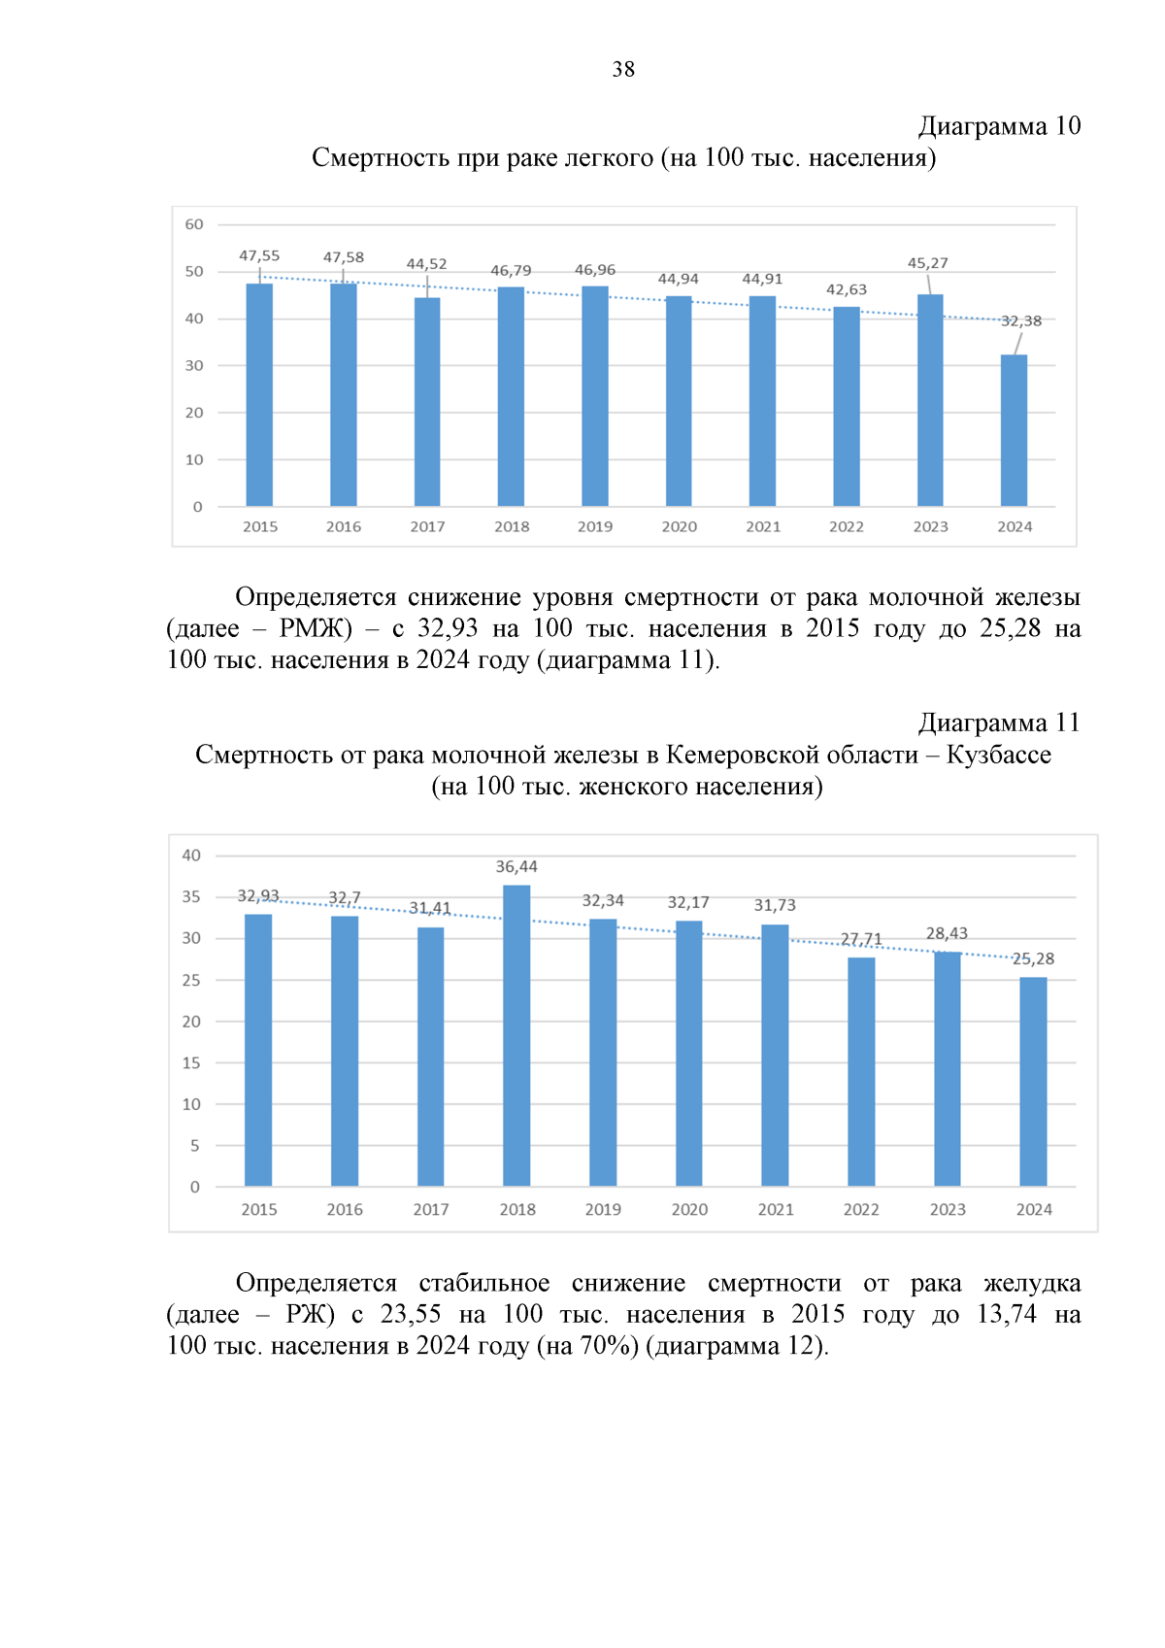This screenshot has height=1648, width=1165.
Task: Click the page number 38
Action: point(623,69)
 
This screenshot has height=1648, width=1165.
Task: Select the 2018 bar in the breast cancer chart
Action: point(516,1035)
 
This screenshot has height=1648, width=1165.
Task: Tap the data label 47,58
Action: point(344,257)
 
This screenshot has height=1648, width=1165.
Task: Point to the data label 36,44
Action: point(516,866)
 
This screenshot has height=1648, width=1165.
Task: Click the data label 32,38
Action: point(1021,320)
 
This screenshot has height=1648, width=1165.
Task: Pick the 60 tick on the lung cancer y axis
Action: point(194,224)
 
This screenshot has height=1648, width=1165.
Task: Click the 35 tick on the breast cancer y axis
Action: point(191,897)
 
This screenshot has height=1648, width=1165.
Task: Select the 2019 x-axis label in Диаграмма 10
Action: point(595,526)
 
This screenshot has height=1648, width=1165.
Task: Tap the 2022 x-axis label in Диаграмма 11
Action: point(861,1209)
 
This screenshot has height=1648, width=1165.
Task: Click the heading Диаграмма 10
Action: point(999,126)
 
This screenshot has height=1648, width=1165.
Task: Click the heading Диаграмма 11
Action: point(999,723)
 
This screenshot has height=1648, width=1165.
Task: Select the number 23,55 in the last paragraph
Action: point(410,1314)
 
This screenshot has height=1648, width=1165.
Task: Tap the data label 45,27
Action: point(928,263)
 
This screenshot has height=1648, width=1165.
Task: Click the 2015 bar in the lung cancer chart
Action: point(259,394)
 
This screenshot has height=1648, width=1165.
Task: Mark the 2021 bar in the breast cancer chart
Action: point(775,1055)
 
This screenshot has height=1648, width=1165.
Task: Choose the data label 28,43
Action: point(947,933)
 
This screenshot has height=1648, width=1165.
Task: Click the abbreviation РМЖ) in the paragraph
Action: point(316,628)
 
